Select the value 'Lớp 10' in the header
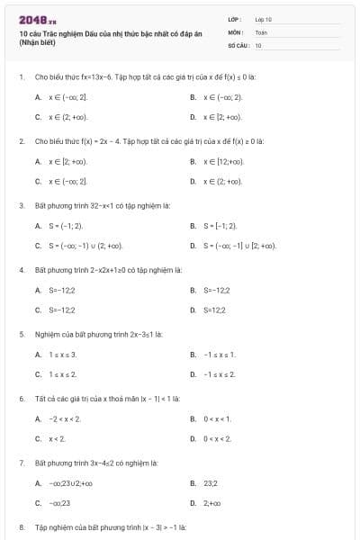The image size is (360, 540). click(264, 18)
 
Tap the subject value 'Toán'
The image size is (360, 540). click(261, 31)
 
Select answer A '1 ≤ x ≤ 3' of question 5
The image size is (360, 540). click(67, 354)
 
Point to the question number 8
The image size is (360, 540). click(21, 526)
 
